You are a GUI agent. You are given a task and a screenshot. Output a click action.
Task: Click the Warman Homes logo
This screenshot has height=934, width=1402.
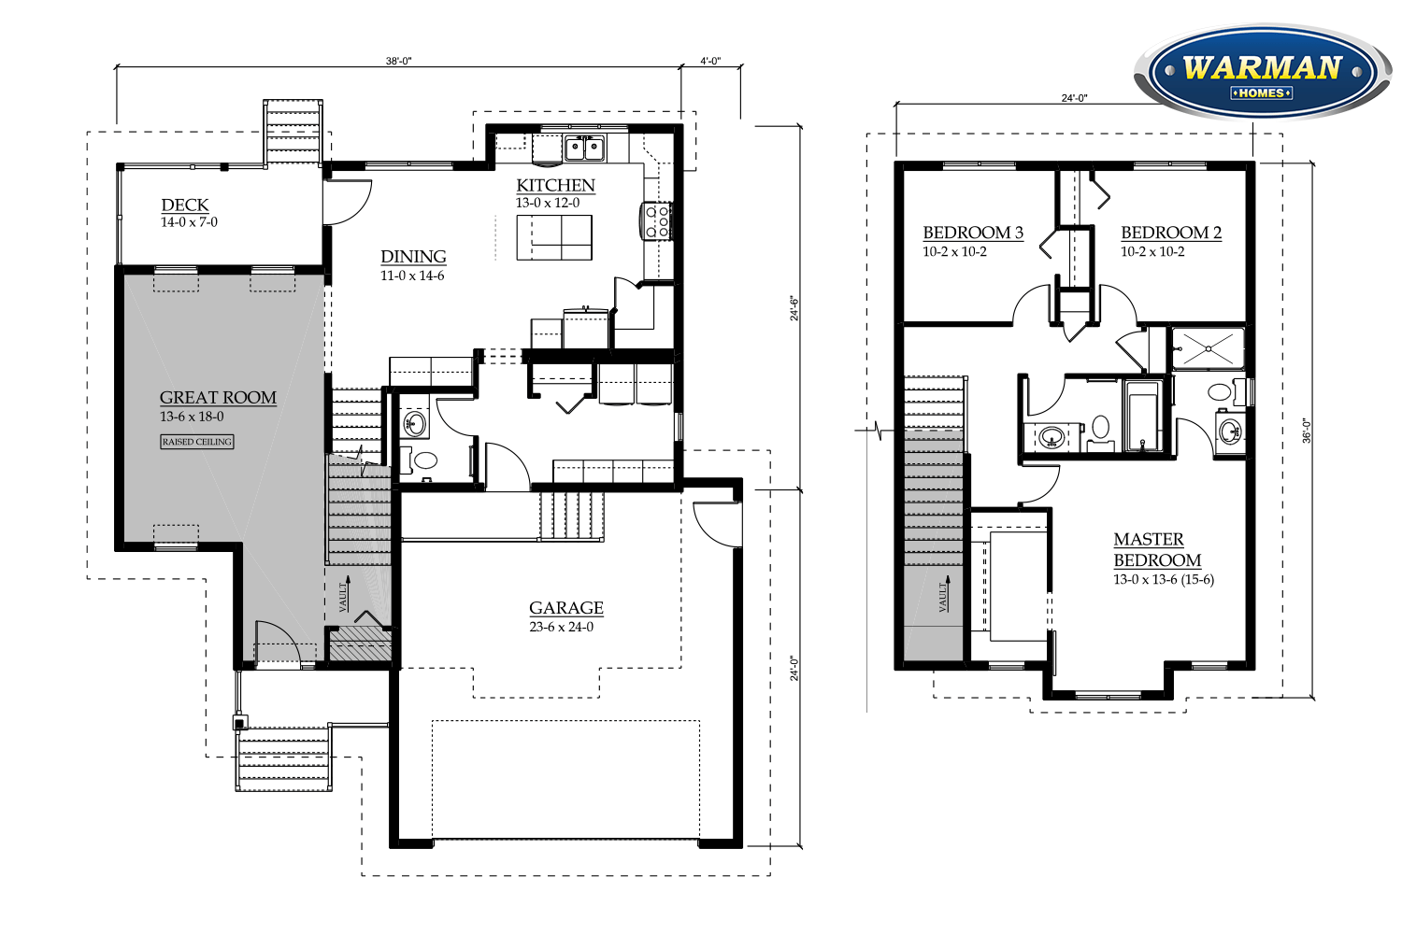tap(1263, 72)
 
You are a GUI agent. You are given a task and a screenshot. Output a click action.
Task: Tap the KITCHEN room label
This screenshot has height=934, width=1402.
tap(555, 186)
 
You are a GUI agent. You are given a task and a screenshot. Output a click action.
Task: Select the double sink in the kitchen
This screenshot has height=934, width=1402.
tap(584, 149)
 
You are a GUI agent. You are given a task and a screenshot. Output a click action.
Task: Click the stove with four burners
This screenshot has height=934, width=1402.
tap(656, 220)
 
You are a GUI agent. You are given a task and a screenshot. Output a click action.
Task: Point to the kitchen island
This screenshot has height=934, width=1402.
tap(554, 238)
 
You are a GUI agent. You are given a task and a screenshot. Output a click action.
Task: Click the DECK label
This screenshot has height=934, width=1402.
tap(185, 205)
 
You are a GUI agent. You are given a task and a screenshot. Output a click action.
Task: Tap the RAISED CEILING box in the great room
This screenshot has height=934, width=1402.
tap(197, 442)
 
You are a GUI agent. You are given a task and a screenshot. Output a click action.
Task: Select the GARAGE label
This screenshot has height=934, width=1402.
tap(565, 608)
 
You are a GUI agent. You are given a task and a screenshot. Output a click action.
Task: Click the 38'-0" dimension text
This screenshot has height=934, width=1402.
tap(399, 61)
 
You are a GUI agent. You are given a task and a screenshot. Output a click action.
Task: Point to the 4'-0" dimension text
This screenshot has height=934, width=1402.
tap(710, 61)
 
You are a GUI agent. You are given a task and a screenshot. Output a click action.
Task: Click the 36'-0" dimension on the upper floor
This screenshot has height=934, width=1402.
tap(1307, 431)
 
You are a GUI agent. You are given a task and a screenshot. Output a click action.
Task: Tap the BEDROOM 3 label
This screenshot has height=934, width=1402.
tap(973, 233)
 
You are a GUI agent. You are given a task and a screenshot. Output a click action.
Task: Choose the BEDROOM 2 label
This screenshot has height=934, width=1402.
tap(1170, 233)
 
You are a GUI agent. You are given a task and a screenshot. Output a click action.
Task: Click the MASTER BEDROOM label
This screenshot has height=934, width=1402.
tap(1157, 550)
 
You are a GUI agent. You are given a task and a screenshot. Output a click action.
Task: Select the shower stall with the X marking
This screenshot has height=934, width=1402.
tap(1208, 348)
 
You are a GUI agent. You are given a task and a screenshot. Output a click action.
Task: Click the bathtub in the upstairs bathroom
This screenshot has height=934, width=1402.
tap(1143, 414)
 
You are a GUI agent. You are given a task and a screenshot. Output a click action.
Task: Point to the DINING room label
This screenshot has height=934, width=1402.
tap(413, 257)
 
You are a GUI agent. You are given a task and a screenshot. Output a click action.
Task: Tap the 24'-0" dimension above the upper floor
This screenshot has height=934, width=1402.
tap(1074, 98)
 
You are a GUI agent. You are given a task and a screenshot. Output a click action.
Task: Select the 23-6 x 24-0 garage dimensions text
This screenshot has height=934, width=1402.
tap(562, 627)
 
